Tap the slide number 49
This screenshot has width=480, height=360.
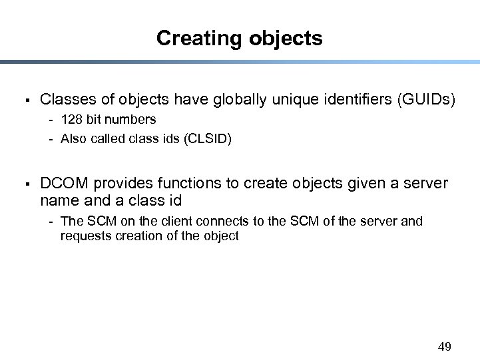pos(445,346)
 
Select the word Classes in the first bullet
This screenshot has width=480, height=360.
pos(65,100)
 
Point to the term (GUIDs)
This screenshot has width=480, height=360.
pos(426,100)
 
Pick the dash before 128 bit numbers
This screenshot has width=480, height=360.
pos(51,120)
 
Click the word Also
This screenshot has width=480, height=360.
pos(73,139)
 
